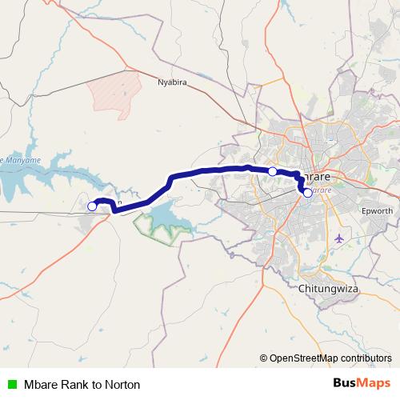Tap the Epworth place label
374,210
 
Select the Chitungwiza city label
329,286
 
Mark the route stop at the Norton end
92,206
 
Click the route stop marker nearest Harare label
307,193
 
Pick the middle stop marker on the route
272,171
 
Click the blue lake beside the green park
164,213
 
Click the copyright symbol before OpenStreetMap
263,358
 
